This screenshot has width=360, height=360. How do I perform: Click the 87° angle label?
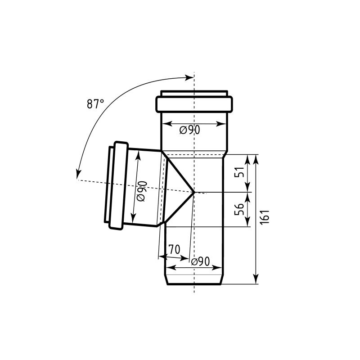(95, 104)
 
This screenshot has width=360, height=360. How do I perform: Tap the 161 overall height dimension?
(265, 217)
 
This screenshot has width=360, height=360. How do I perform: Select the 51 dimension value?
(239, 172)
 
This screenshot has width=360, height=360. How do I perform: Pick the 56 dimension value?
(239, 209)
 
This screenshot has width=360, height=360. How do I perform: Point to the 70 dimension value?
(174, 249)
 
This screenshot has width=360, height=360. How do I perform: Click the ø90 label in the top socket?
(189, 130)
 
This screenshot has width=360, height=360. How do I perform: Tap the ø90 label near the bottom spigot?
(200, 261)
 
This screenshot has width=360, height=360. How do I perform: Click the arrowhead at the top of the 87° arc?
(189, 77)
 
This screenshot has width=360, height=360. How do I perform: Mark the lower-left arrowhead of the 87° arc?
(78, 174)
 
